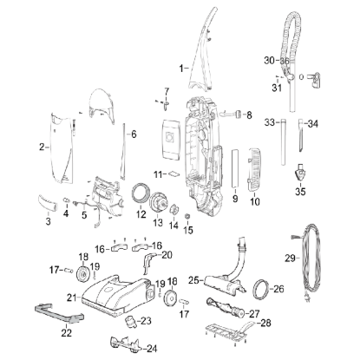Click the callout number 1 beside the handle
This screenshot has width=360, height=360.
181,69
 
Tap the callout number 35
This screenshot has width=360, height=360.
300,192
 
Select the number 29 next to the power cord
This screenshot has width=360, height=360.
290,258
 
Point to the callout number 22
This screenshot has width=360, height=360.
66,333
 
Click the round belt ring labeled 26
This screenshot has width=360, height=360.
261,289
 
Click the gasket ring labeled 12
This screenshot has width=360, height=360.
141,193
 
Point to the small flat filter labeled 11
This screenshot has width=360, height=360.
174,173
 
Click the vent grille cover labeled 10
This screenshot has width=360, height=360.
254,170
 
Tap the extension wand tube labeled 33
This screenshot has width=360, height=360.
283,141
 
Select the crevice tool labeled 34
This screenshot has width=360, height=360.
301,135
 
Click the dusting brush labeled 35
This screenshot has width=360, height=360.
300,173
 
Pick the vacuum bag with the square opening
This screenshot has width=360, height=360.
171,139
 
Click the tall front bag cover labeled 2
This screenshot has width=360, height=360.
62,148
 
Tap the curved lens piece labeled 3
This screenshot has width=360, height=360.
48,202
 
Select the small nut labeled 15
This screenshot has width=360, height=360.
187,216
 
